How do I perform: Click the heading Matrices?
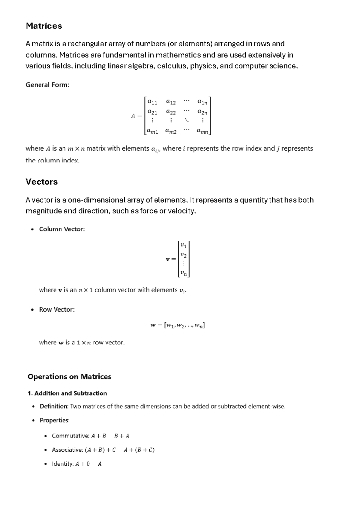point(44,26)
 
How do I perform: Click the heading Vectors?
point(41,182)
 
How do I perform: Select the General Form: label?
point(47,85)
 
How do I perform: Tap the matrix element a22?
point(171,112)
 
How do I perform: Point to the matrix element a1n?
point(202,102)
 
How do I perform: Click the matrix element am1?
point(152,131)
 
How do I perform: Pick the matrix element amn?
point(202,131)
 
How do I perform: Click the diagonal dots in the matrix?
point(187,120)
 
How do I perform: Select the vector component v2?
point(183,255)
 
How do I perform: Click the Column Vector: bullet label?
point(62,229)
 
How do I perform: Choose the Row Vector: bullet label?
point(57,309)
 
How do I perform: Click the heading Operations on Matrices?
point(69,377)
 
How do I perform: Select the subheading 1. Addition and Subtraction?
point(67,393)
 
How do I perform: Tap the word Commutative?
point(70,436)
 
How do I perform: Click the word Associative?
point(67,450)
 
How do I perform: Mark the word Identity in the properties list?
point(62,464)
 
